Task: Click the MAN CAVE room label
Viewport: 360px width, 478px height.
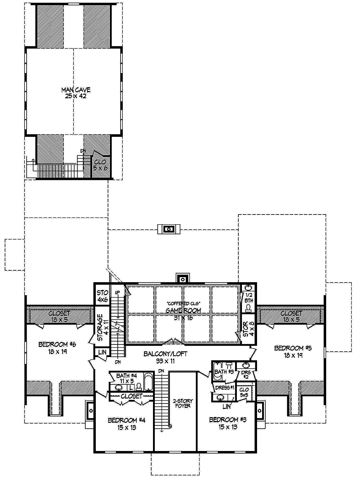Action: (76, 93)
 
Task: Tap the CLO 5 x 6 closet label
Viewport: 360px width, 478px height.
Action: (100, 165)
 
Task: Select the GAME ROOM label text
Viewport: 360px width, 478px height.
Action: (183, 310)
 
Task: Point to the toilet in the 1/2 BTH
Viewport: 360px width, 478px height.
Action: (248, 307)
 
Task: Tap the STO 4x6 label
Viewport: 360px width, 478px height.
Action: (102, 296)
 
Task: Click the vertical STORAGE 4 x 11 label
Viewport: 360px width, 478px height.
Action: (102, 328)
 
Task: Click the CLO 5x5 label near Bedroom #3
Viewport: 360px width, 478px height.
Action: (244, 392)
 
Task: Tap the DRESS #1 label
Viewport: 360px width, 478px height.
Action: (225, 388)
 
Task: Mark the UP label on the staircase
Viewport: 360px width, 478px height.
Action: (117, 293)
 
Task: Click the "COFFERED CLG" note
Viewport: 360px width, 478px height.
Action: (183, 303)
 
